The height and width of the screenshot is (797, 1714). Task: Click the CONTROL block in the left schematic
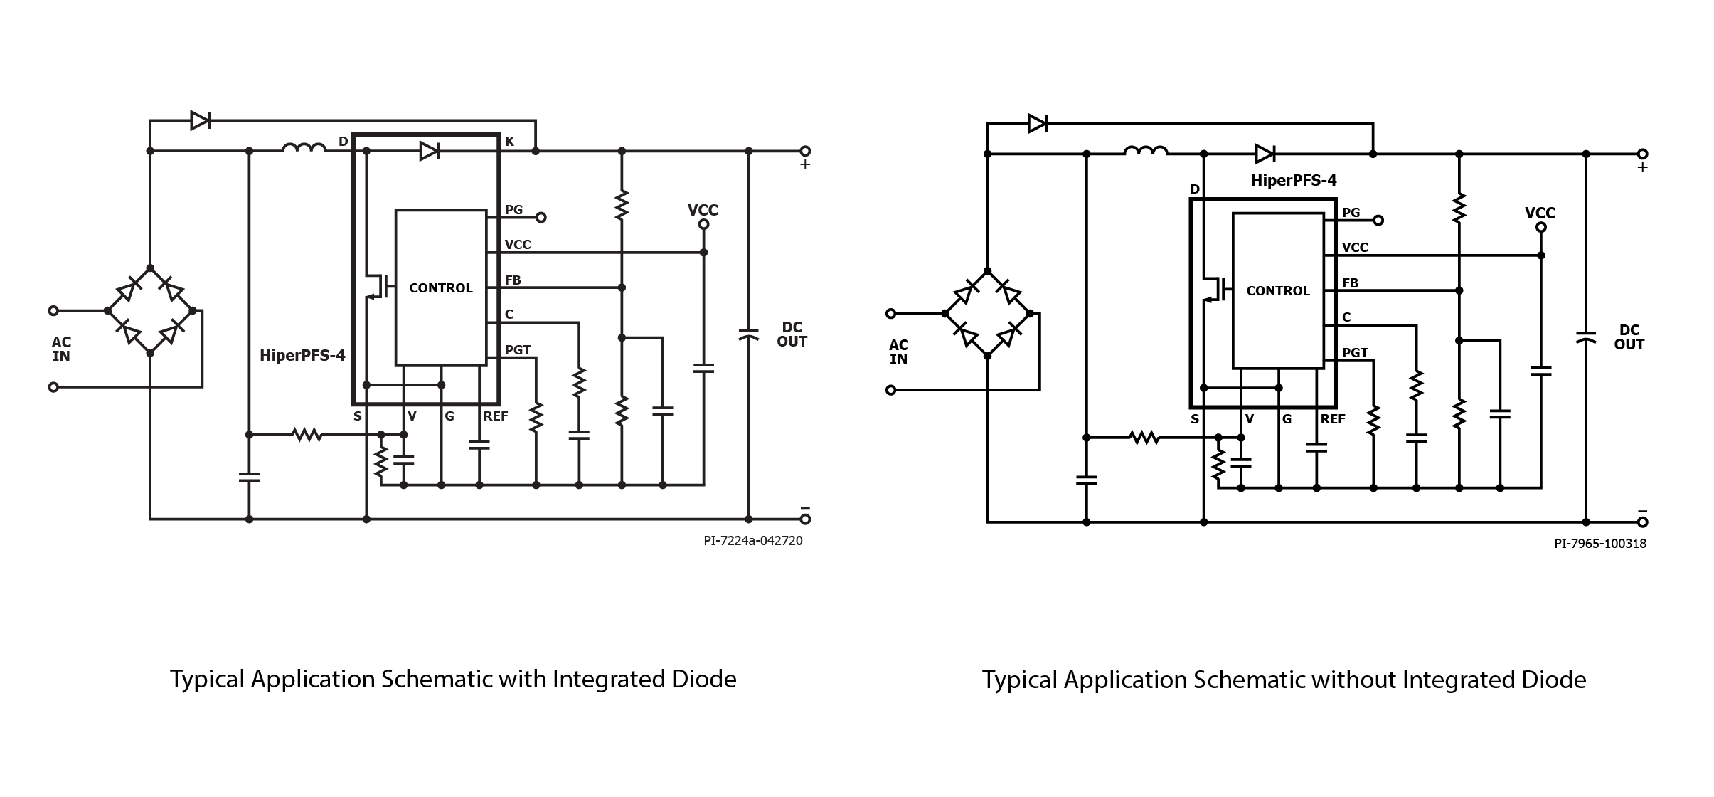point(441,287)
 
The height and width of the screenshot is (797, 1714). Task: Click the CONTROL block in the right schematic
point(1278,290)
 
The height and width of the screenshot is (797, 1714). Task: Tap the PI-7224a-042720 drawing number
point(753,541)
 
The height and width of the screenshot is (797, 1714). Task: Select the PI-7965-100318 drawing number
point(1600,544)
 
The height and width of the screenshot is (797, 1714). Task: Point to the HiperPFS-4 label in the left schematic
point(302,355)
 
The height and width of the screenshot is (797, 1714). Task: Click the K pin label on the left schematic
point(509,142)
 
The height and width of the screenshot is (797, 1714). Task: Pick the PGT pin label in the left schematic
point(518,350)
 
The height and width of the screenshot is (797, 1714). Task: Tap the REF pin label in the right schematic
point(1333,419)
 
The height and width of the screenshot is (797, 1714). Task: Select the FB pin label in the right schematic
point(1350,283)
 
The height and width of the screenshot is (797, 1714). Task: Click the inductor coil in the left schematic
point(304,148)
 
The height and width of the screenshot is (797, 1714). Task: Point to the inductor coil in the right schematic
point(1145,151)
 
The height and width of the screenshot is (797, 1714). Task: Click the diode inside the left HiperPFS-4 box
point(429,151)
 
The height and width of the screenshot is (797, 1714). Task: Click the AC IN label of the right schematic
point(899,352)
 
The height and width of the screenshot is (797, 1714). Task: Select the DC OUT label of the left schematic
point(792,334)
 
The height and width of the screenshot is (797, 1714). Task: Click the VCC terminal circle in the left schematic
point(703,225)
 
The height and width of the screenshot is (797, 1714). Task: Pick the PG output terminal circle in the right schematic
point(1378,221)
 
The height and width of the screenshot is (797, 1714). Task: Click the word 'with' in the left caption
point(522,679)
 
